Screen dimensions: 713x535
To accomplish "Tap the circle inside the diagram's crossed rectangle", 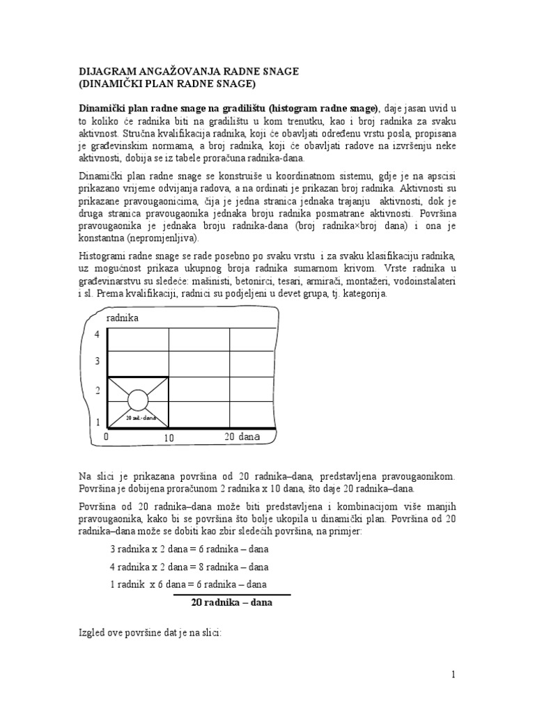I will pyautogui.click(x=138, y=400).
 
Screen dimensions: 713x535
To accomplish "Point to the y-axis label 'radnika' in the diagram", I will pyautogui.click(x=123, y=318).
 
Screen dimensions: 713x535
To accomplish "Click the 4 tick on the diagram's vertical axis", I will pyautogui.click(x=98, y=335).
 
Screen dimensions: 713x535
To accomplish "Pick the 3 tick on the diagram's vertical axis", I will pyautogui.click(x=98, y=361).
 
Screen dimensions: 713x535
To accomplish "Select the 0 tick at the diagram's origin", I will pyautogui.click(x=107, y=437).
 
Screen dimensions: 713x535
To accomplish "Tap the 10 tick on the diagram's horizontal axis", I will pyautogui.click(x=169, y=438).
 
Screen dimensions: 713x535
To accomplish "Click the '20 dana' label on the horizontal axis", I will pyautogui.click(x=242, y=437).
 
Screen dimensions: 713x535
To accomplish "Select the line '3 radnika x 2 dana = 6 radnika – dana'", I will pyautogui.click(x=189, y=549).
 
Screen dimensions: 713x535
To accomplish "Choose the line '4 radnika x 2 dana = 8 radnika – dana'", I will pyautogui.click(x=189, y=567).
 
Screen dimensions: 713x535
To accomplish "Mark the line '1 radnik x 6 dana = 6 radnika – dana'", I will pyautogui.click(x=189, y=585).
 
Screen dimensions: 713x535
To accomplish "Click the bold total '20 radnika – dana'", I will pyautogui.click(x=231, y=603).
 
